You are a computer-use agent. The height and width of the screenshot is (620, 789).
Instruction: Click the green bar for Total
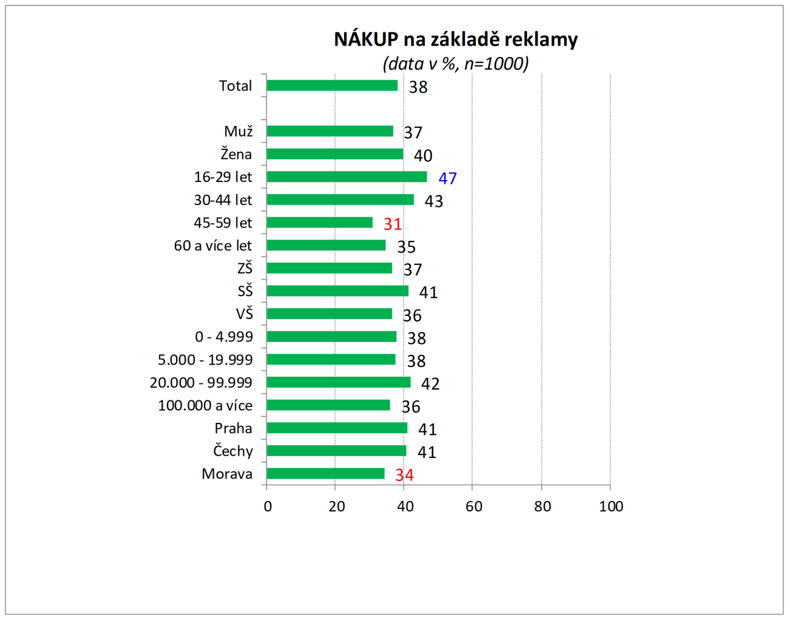click(x=332, y=86)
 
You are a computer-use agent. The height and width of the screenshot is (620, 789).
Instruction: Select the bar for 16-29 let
click(x=347, y=177)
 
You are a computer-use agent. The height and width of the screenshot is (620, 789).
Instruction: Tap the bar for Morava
click(x=325, y=474)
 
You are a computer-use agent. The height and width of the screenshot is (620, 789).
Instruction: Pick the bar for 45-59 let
click(x=319, y=223)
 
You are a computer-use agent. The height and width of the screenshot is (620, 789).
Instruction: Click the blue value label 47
click(x=447, y=178)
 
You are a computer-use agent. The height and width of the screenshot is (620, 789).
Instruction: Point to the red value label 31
click(x=393, y=224)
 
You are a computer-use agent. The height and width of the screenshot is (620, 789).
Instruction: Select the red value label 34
click(x=404, y=475)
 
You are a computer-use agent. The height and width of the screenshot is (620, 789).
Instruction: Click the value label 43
click(x=433, y=201)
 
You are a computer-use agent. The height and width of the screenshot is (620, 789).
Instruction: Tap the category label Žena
click(x=236, y=154)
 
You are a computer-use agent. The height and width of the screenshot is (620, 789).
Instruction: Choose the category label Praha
click(x=233, y=428)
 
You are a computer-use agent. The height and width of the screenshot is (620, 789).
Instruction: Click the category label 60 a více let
click(x=212, y=246)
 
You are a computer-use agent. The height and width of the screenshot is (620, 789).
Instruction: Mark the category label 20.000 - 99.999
click(x=201, y=383)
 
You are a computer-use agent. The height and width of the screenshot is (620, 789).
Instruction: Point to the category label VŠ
click(x=245, y=314)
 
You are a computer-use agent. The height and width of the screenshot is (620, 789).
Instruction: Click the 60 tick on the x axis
click(x=474, y=507)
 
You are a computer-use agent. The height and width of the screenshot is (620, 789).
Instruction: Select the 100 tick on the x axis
click(x=611, y=507)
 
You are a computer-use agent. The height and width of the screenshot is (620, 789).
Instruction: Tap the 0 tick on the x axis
click(x=268, y=507)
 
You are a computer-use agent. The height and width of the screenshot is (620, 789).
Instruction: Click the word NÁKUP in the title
click(x=366, y=39)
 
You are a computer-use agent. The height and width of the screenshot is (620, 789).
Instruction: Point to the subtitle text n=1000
click(x=496, y=64)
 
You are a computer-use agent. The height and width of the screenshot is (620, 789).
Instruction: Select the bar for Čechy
click(x=336, y=451)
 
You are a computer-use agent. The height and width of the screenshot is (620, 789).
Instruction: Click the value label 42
click(x=430, y=384)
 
